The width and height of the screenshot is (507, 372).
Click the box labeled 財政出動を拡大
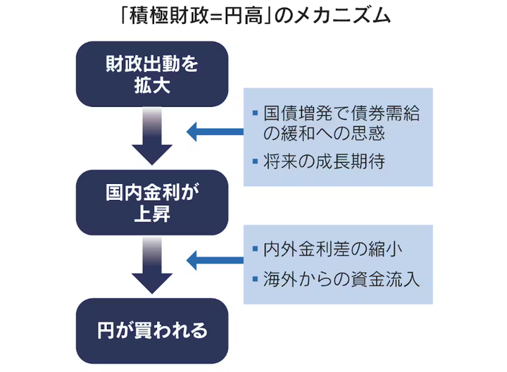[151, 73]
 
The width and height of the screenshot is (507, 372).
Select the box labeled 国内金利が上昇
[151, 202]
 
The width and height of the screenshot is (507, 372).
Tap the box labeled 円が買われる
[151, 330]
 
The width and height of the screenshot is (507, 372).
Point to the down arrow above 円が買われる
[151, 266]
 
